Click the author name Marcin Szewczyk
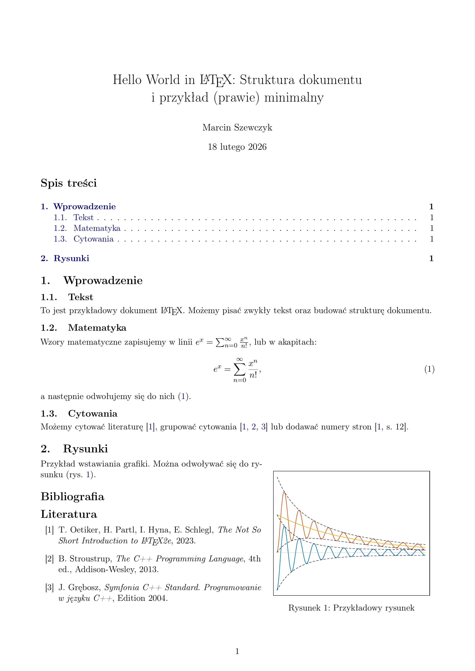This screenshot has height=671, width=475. click(237, 128)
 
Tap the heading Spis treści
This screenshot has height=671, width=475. click(69, 183)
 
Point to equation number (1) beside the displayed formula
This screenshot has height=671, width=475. click(429, 369)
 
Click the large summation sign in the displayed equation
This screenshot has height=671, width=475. click(239, 370)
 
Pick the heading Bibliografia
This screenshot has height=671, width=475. click(73, 497)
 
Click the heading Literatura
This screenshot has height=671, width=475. click(69, 514)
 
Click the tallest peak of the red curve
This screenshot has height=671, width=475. click(284, 492)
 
